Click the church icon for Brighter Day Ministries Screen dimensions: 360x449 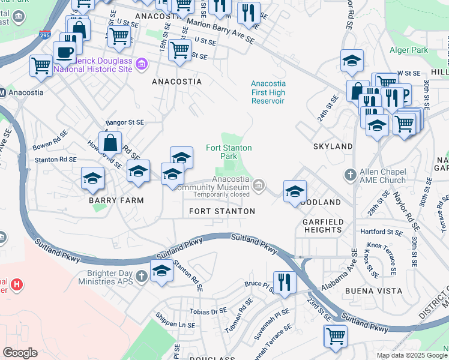click(x=141, y=276)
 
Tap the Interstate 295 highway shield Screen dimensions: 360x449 click(x=45, y=35)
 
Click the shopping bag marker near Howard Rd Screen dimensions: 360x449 click(x=110, y=143)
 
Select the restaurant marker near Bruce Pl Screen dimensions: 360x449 click(x=284, y=281)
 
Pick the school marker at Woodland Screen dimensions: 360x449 click(x=295, y=191)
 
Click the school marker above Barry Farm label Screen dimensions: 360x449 click(x=93, y=178)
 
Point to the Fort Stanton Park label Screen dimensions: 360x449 click(x=229, y=152)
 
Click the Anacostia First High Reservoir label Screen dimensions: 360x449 click(x=268, y=92)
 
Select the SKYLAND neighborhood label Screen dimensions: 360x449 click(x=333, y=146)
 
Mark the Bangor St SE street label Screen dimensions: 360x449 click(x=125, y=122)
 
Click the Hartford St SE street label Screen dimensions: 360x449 click(x=381, y=232)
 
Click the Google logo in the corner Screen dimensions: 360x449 click(x=20, y=353)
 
